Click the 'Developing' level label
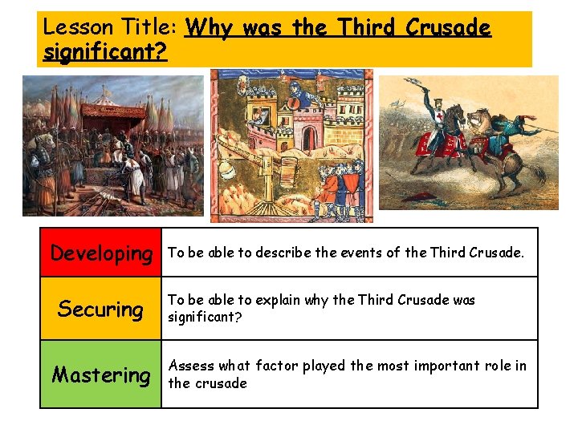click(101, 253)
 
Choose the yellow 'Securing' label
click(100, 309)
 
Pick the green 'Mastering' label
click(101, 374)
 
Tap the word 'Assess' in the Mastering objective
click(190, 366)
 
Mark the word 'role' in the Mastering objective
click(499, 366)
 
